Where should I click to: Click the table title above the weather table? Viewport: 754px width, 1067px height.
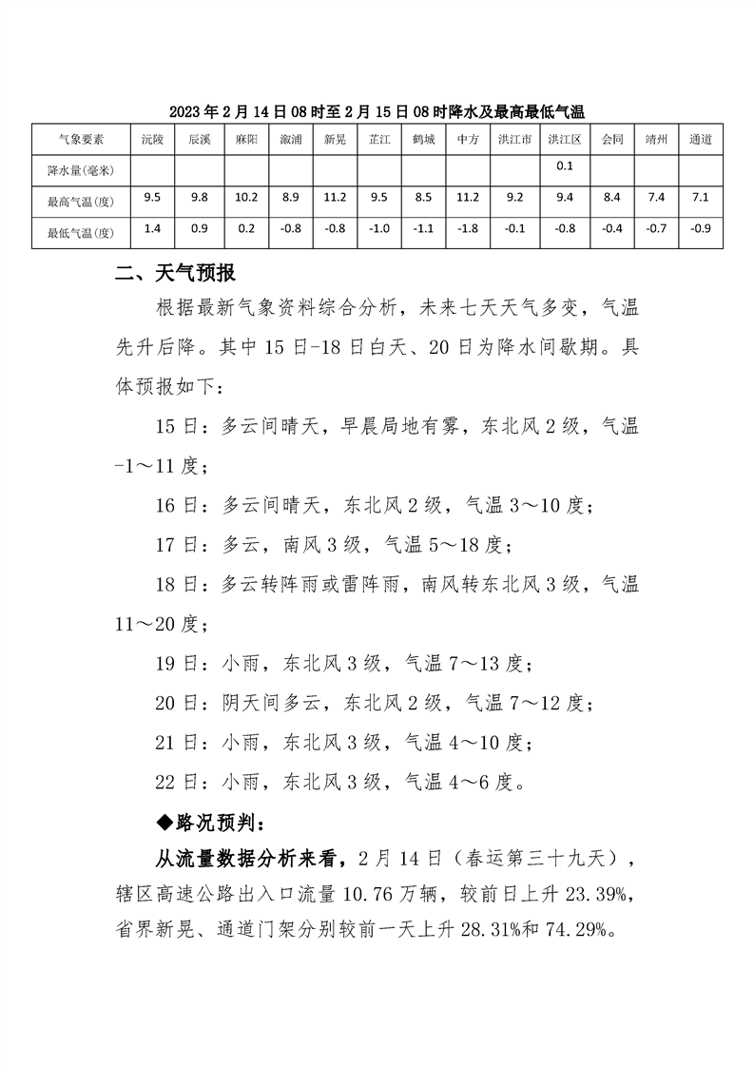click(377, 111)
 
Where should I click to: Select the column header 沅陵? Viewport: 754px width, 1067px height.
click(152, 139)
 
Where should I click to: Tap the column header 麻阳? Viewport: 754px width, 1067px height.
click(246, 139)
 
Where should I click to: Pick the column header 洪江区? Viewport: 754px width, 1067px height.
click(564, 139)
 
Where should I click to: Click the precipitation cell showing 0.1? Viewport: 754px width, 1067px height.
click(564, 166)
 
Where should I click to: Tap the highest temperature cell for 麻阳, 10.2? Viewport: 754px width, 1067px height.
click(246, 198)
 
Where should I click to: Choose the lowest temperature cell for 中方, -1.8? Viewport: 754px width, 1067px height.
click(467, 229)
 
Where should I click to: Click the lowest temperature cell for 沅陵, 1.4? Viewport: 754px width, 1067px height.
click(152, 229)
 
